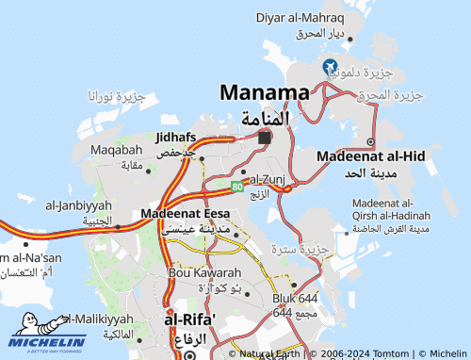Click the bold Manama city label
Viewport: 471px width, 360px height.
point(265,92)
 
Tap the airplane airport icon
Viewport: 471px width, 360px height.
point(330,67)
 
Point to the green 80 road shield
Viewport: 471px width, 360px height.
point(237,187)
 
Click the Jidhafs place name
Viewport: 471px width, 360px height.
point(176,137)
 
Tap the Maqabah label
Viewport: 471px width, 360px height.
point(117,150)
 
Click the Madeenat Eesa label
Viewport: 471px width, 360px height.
point(178,214)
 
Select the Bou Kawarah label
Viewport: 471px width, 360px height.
point(203,272)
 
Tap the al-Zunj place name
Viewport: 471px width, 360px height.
point(268,178)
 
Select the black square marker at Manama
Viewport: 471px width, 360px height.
point(265,137)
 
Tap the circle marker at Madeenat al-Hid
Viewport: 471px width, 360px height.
point(370,142)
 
